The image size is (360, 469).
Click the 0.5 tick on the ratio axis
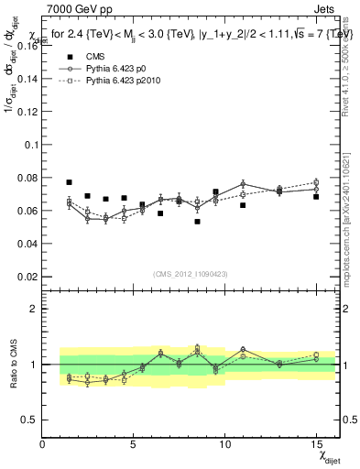pos(31,420)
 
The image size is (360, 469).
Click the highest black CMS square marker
pos(69,182)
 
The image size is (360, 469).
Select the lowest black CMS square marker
pos(197,222)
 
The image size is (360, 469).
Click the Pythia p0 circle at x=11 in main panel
pos(243,184)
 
